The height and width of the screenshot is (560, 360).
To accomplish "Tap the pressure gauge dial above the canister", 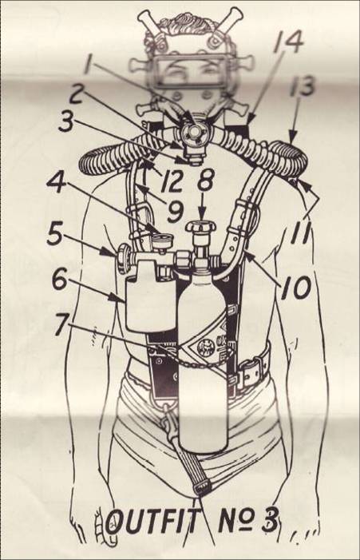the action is [160, 239].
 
